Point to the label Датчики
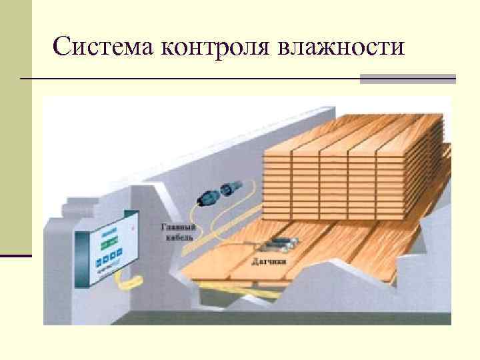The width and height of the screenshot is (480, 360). point(269,261)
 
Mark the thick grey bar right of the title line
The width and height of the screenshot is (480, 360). point(407,79)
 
